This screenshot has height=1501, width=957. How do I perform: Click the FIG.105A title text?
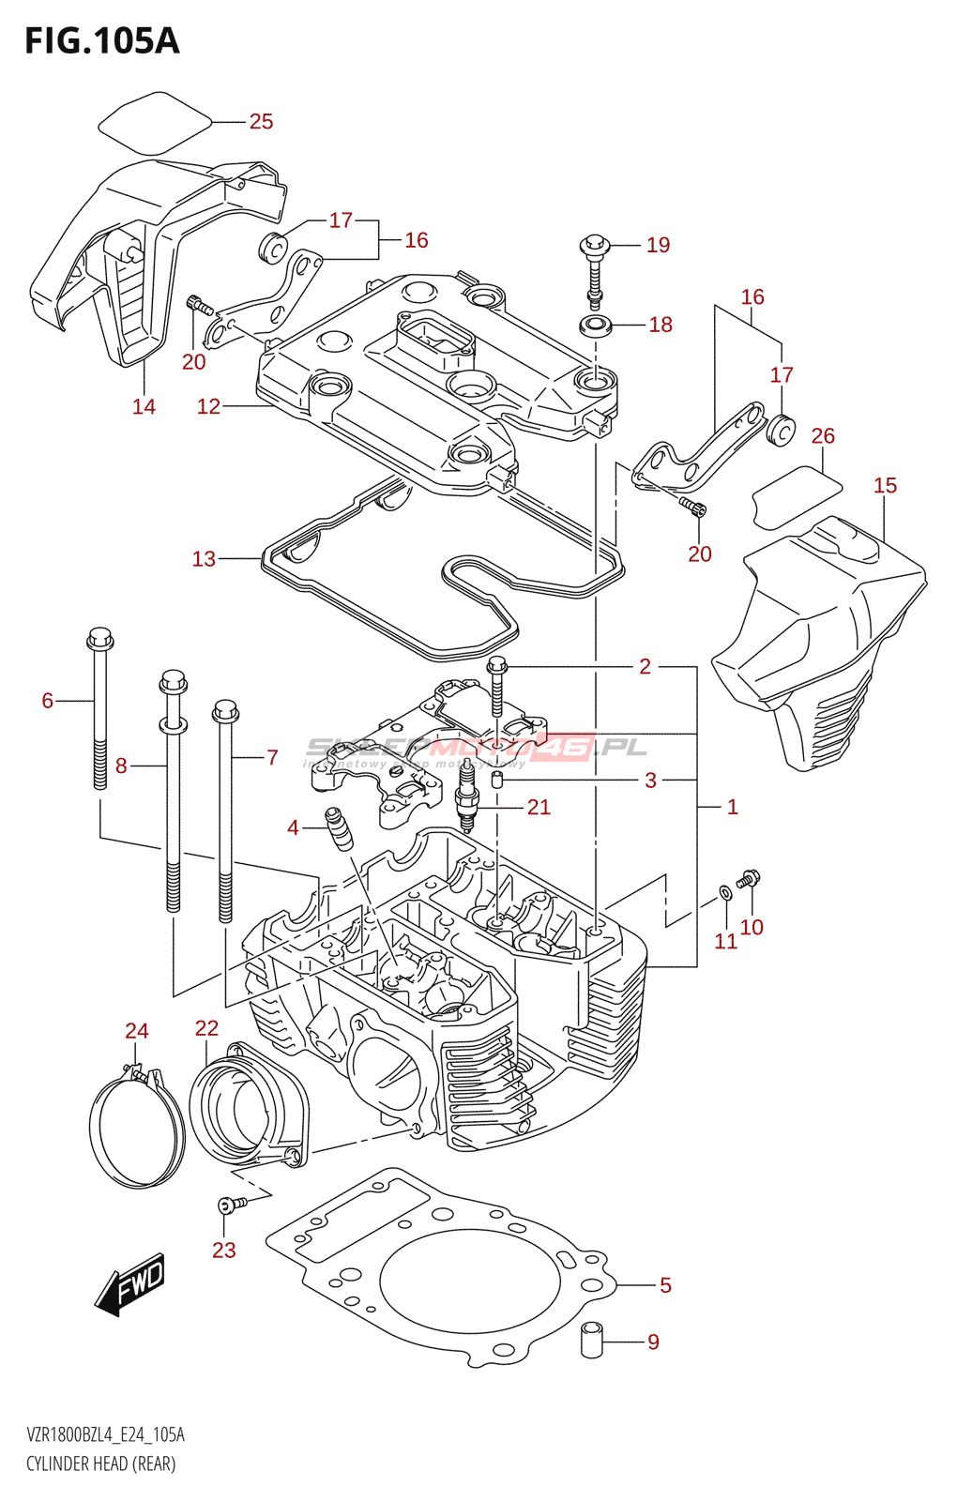[101, 40]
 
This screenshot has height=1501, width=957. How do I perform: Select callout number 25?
[261, 121]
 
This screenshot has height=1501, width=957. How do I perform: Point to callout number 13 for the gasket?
[204, 559]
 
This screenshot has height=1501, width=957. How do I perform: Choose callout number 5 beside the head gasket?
[665, 1285]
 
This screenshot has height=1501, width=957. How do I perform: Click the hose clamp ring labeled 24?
[135, 1130]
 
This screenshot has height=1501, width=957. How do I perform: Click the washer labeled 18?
[595, 326]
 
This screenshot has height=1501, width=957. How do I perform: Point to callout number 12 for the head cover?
[208, 406]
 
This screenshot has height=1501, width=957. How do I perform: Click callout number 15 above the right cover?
[885, 485]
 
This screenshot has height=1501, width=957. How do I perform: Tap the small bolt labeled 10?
[749, 880]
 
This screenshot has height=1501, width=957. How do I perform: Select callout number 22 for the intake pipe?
[206, 1028]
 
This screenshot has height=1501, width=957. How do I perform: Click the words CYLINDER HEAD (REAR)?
[100, 1463]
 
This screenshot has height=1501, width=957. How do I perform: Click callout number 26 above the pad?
[823, 435]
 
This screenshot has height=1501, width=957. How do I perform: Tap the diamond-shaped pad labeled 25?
[154, 122]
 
